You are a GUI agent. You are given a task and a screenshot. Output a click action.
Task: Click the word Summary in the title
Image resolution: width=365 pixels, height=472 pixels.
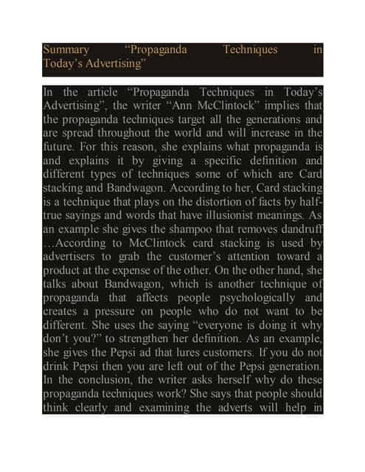(x=66, y=50)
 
